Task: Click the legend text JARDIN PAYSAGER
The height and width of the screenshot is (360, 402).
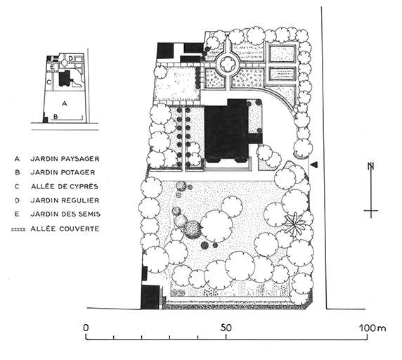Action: (x=65, y=159)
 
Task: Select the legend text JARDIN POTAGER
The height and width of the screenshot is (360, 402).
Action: (x=63, y=172)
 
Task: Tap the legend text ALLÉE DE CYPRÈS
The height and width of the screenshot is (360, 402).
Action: (x=65, y=186)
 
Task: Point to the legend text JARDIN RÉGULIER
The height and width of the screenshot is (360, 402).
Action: (x=65, y=200)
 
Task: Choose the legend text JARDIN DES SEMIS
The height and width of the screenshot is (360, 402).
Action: (x=65, y=214)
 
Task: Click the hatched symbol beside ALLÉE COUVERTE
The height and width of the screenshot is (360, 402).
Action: (x=18, y=229)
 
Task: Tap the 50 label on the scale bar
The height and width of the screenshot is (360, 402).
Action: (x=226, y=328)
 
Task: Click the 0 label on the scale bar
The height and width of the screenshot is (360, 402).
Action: (x=86, y=328)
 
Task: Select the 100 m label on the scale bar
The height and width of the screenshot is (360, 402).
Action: (x=372, y=328)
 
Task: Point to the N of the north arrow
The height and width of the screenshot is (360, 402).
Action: (x=370, y=167)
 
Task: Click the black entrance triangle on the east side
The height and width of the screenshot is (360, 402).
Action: (x=314, y=165)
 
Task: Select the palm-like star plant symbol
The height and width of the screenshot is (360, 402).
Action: (x=295, y=224)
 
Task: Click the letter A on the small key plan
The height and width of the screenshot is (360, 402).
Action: (x=65, y=103)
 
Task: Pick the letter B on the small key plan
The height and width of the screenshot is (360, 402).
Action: (x=56, y=117)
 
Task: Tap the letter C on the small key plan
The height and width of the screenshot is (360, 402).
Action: (x=49, y=82)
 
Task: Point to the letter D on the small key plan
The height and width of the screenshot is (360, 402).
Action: (x=71, y=59)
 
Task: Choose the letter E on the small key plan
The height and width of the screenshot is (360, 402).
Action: (x=52, y=67)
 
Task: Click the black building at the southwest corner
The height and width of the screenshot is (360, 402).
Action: (x=150, y=297)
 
